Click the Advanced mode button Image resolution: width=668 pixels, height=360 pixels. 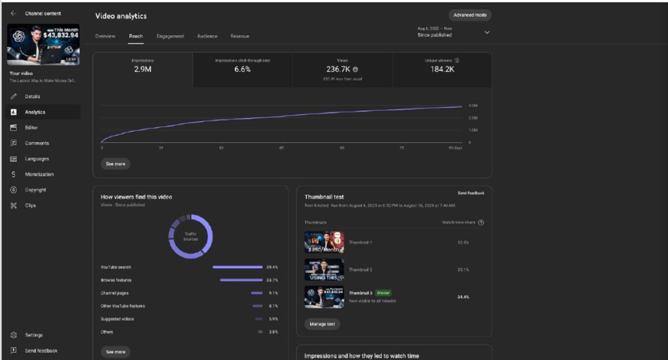pos(470,15)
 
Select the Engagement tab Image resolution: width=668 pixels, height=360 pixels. pos(170,36)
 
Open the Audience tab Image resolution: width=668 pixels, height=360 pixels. pos(207,36)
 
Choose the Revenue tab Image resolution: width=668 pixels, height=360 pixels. pos(239,36)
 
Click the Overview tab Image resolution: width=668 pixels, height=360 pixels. pos(105,36)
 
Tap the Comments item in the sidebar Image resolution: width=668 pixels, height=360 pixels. pos(37,143)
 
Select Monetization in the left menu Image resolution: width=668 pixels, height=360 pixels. pos(39,174)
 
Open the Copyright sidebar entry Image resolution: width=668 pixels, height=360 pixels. pos(35,190)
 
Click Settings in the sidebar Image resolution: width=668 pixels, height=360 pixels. pos(34,335)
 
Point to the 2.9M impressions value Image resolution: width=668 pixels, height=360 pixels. pos(142,69)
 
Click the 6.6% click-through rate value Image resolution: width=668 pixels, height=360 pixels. pos(242,69)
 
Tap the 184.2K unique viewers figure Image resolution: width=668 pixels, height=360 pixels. pos(442,69)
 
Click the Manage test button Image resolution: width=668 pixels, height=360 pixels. pos(322,323)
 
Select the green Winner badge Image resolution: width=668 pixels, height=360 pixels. pos(383,293)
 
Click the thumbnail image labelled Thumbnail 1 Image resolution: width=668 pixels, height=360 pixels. pos(324,242)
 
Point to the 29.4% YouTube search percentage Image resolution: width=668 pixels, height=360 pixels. pos(272,267)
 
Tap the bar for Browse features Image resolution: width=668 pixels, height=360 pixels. pos(240,280)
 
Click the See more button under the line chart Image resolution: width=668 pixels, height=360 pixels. pos(115,164)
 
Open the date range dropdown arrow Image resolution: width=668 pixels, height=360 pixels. pos(487,32)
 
